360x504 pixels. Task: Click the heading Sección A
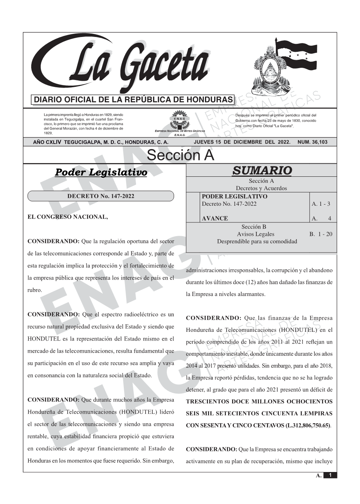[x=180, y=155]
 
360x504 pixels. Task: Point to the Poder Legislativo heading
[x=101, y=172]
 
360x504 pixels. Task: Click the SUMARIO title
[x=262, y=170]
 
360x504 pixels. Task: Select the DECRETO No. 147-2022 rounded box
[x=101, y=196]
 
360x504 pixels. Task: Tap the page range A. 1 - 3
[x=321, y=204]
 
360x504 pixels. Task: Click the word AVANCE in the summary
[x=215, y=218]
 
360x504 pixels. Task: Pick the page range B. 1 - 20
[x=321, y=234]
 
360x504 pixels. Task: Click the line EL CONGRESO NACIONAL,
[x=68, y=217]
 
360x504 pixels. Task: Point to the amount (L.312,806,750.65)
[x=308, y=425]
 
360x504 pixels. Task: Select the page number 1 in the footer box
[x=330, y=475]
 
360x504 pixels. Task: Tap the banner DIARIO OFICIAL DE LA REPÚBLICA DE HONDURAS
[x=133, y=100]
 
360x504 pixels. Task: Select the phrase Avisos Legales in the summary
[x=255, y=234]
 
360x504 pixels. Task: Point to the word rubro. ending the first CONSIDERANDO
[x=35, y=290]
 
